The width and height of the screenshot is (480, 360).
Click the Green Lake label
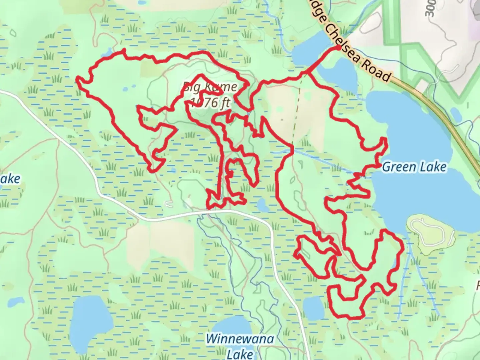[414, 167]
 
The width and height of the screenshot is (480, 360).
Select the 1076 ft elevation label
[210, 102]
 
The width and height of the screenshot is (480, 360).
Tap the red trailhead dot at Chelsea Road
[338, 48]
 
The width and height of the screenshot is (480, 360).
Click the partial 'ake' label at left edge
[10, 179]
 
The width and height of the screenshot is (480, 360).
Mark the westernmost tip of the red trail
[77, 79]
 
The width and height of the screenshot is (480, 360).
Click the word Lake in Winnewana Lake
[240, 353]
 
